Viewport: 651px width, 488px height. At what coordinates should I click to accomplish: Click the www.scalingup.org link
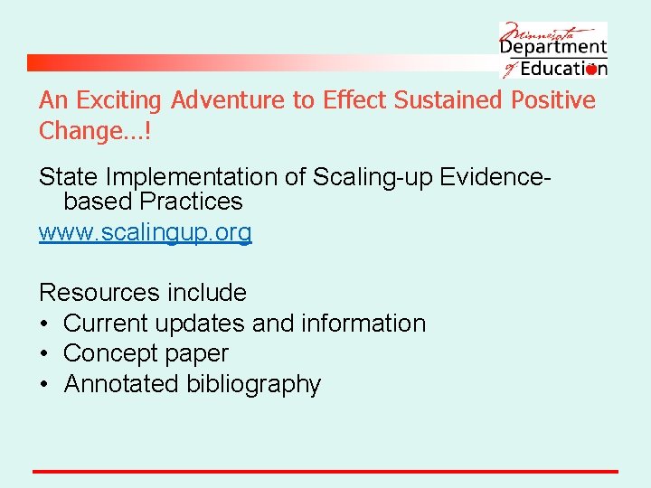pos(145,232)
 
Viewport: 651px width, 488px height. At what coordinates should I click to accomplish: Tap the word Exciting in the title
pos(120,100)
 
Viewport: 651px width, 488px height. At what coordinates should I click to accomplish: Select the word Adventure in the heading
pos(227,100)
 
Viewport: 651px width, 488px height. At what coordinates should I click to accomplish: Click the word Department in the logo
pos(553,47)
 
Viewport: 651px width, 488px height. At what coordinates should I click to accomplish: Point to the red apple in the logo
pos(590,69)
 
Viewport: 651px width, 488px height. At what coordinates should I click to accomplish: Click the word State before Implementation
pos(68,177)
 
